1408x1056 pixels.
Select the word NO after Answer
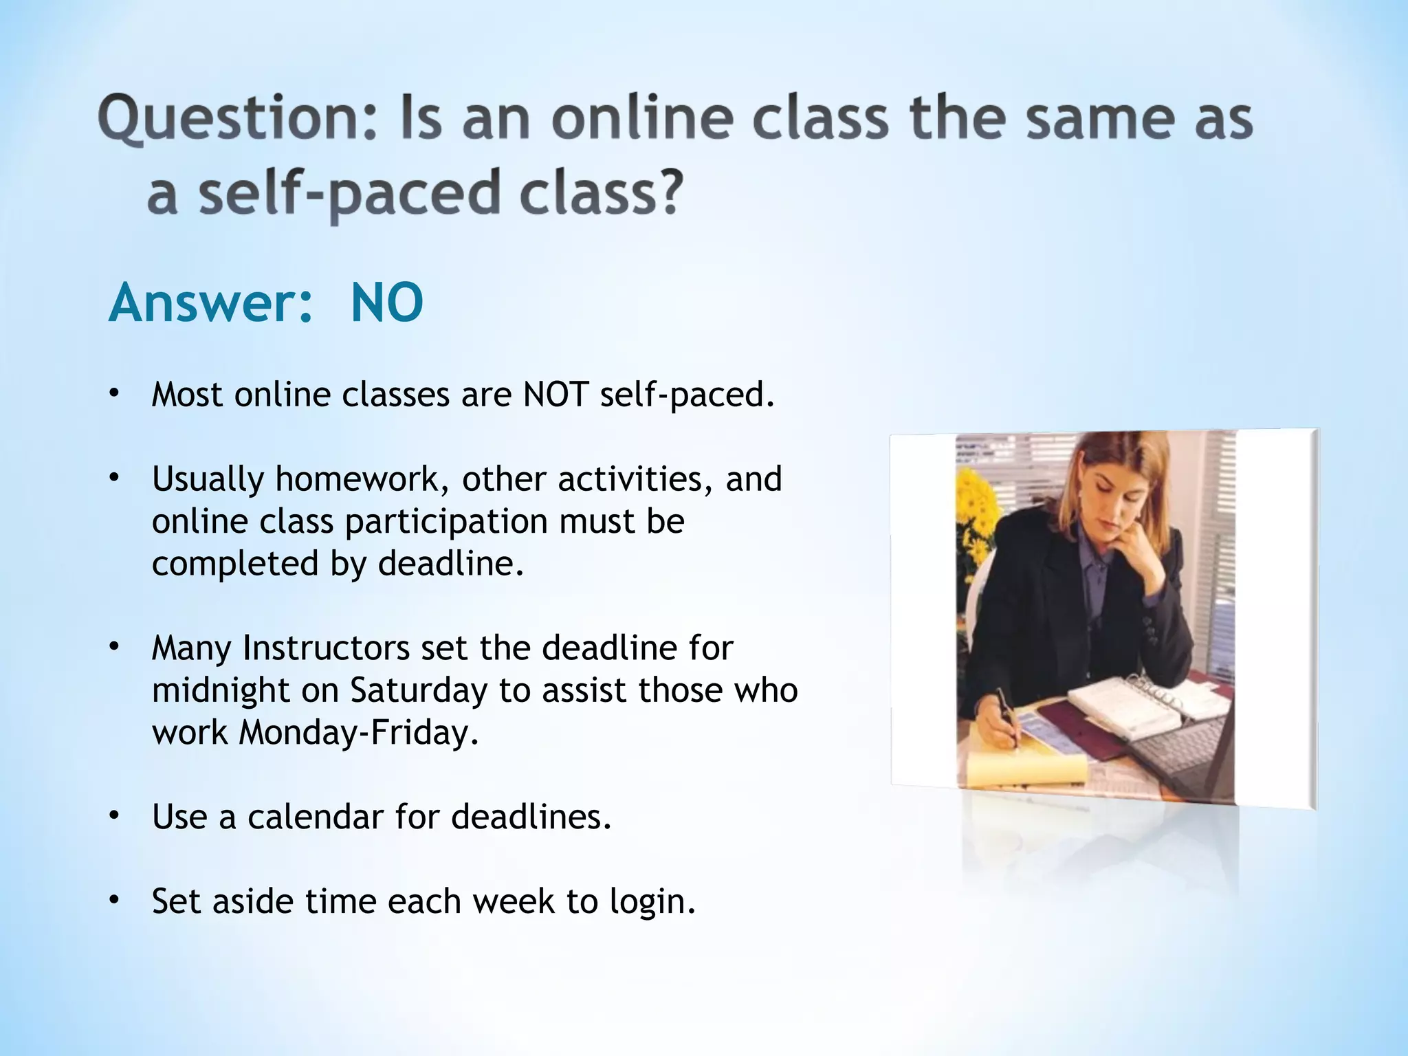pos(386,302)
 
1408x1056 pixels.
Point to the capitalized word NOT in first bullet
pos(555,395)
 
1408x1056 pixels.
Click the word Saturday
pos(419,690)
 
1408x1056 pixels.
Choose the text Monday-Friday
pos(357,732)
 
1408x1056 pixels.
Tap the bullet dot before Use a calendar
pos(114,816)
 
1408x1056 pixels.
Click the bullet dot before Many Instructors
pos(114,647)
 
